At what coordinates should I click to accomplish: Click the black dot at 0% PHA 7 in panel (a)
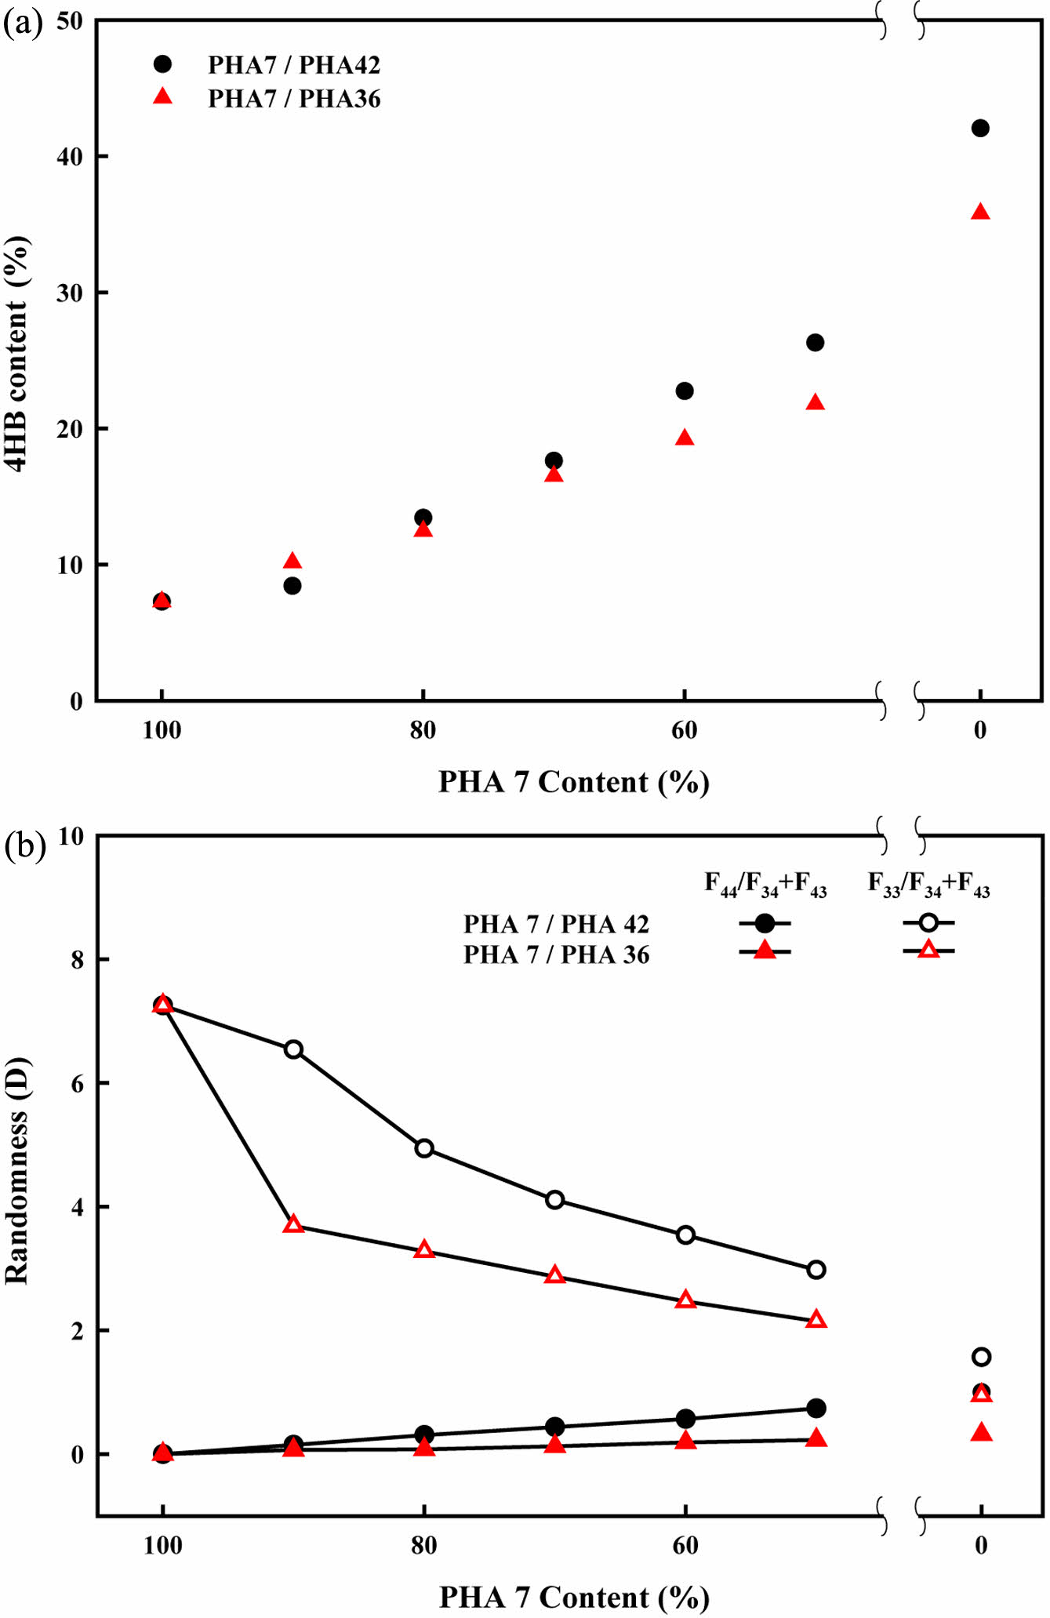[979, 128]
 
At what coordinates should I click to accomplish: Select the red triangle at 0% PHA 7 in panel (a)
[979, 213]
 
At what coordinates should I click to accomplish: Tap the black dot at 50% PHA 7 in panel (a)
[815, 343]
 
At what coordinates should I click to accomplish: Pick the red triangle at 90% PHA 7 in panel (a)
[292, 561]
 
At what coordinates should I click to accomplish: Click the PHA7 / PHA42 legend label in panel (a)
[294, 65]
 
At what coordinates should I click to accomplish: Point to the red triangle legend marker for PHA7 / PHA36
[162, 97]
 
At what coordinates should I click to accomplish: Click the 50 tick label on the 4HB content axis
[70, 21]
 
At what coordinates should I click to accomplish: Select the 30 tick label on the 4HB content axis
[70, 293]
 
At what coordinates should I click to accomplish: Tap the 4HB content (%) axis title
[17, 353]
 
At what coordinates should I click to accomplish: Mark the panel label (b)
[24, 845]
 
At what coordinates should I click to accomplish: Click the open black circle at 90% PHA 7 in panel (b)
[293, 1049]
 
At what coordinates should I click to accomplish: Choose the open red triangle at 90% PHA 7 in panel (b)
[293, 1224]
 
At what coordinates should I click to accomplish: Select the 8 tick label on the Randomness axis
[77, 960]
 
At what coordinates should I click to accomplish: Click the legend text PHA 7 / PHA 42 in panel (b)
[556, 925]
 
